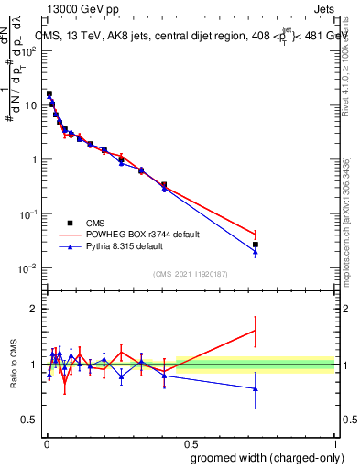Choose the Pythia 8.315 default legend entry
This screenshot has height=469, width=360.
point(121,246)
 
